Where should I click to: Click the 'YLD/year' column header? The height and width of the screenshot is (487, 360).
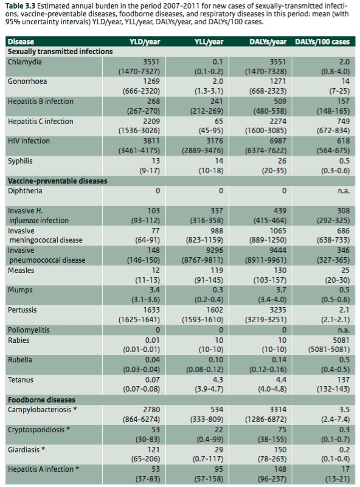tap(145, 42)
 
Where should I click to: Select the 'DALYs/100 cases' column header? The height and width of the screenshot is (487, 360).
tap(322, 42)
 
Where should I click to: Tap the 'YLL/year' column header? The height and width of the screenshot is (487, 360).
tap(209, 42)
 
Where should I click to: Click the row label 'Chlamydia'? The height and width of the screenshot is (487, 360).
tap(24, 62)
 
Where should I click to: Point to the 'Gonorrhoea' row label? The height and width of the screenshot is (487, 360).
tap(27, 81)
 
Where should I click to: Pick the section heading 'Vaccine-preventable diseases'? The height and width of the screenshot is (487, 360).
tap(57, 181)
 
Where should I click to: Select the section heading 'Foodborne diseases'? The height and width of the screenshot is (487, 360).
tap(41, 399)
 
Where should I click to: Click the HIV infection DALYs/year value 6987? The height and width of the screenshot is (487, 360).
tap(277, 141)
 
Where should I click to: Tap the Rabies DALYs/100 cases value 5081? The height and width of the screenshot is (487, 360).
tap(341, 340)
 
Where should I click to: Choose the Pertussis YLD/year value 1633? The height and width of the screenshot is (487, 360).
tap(151, 310)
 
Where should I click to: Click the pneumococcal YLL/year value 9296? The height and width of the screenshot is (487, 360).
tap(214, 250)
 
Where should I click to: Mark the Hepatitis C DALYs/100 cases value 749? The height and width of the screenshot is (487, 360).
tap(343, 121)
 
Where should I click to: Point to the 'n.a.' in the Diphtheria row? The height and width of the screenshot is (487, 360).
tap(344, 191)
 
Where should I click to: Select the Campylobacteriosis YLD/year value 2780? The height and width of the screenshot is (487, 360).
tap(151, 410)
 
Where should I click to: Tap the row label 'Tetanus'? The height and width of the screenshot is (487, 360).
tap(21, 380)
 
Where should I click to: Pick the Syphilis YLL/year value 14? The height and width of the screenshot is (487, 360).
tap(219, 161)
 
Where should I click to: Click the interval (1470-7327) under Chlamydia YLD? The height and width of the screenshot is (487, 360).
tap(139, 72)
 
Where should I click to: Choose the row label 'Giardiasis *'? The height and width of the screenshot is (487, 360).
tap(26, 449)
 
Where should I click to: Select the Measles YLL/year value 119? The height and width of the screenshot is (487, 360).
tap(217, 270)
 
